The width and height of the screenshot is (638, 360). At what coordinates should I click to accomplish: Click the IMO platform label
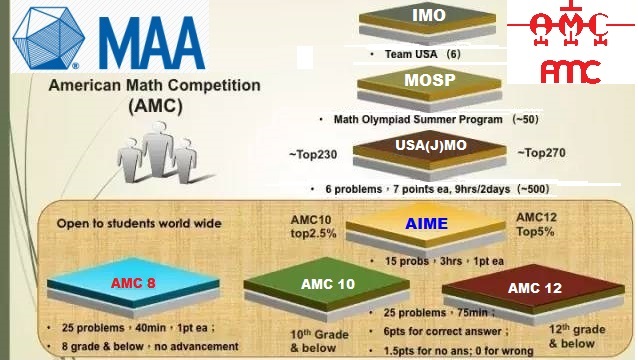click(428, 16)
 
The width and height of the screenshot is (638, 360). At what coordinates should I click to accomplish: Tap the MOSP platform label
click(428, 80)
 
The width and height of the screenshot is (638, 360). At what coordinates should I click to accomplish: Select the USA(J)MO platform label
click(430, 146)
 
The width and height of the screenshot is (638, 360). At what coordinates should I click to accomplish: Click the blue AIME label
click(427, 225)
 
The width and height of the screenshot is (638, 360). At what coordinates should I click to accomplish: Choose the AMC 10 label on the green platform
click(328, 284)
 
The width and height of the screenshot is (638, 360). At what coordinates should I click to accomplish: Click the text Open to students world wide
click(138, 223)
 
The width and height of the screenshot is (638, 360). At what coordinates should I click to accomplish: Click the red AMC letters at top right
click(570, 70)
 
